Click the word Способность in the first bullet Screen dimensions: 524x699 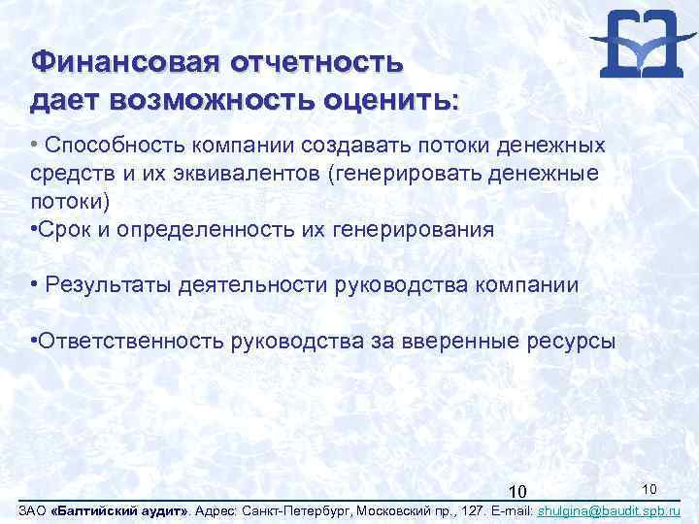coord(107,146)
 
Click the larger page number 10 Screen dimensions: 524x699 coord(517,493)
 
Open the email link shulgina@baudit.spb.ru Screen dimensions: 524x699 coord(608,511)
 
